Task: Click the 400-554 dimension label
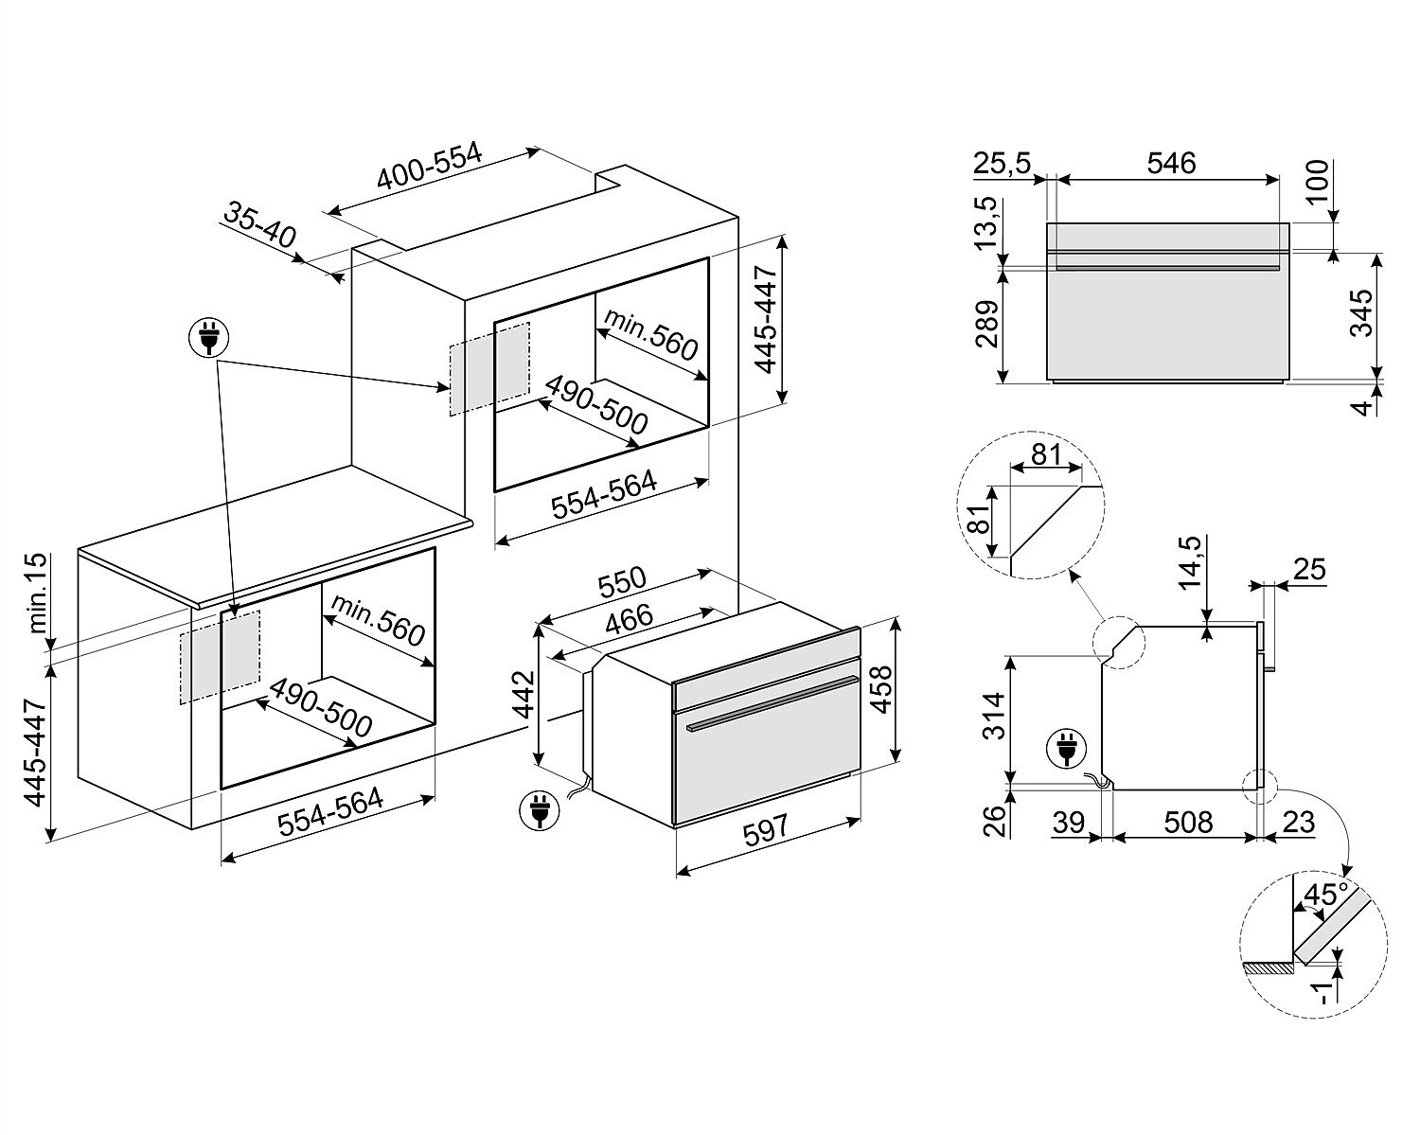[430, 168]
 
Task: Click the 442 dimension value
[524, 696]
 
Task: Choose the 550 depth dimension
[622, 582]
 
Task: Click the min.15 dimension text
[36, 594]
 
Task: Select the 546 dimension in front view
[1171, 163]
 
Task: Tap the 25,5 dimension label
[1002, 163]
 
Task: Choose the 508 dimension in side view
[1187, 822]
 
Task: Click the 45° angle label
[1324, 895]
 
